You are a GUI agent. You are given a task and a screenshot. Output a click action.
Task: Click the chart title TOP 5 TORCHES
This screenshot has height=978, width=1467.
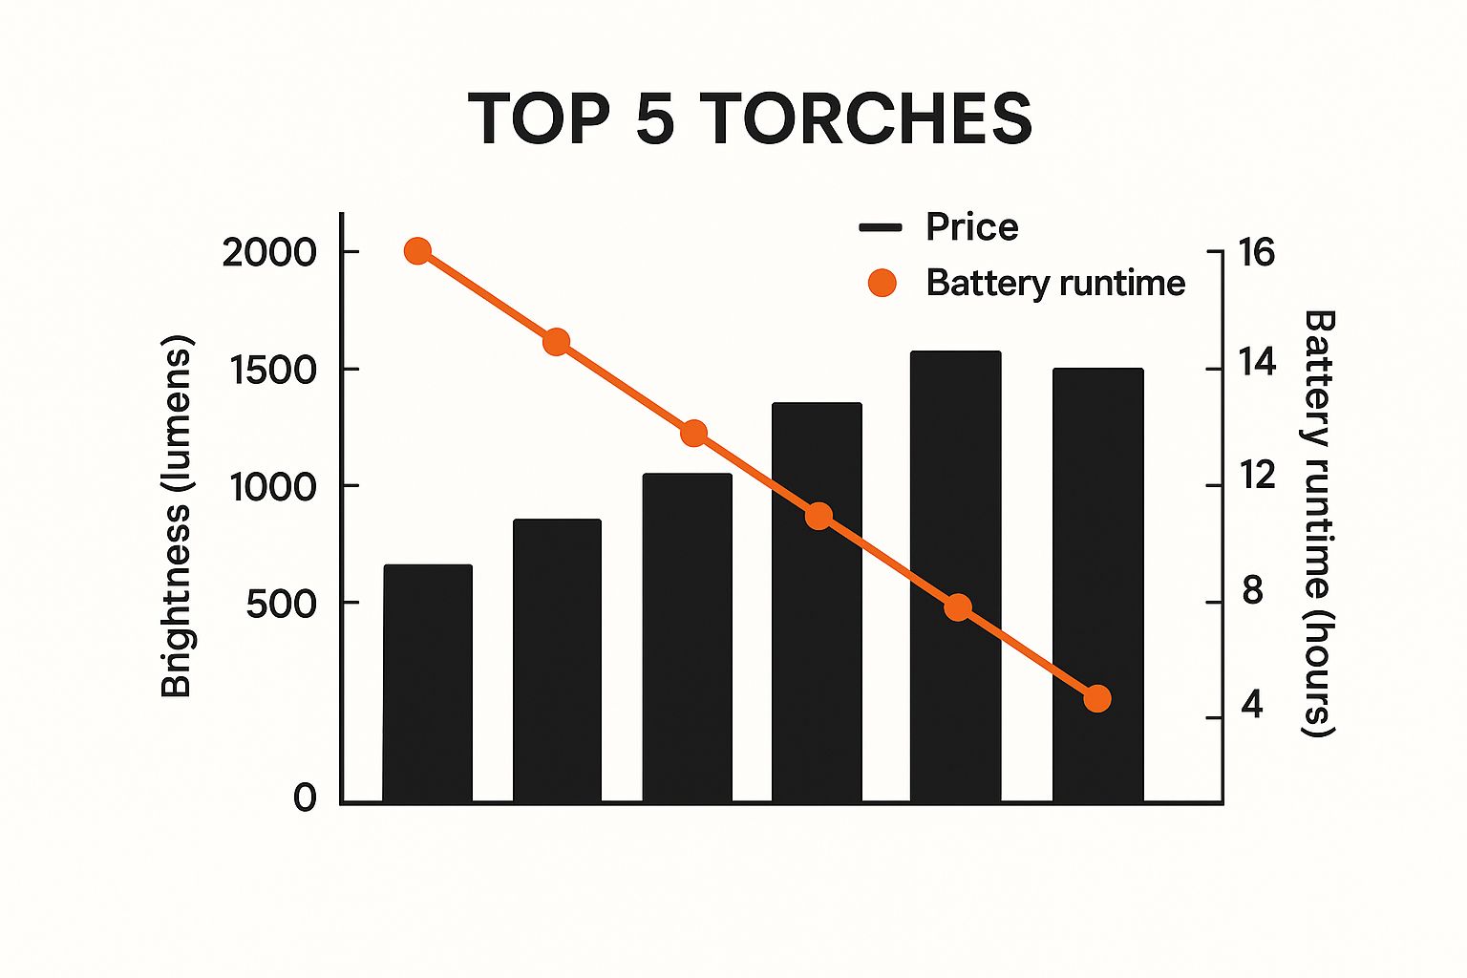click(x=750, y=118)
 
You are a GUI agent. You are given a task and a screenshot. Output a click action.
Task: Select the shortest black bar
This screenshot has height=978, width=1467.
click(x=428, y=683)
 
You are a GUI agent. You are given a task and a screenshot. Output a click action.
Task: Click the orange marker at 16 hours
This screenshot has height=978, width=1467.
click(x=417, y=251)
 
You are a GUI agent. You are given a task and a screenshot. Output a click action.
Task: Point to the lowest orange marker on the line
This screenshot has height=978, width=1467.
click(x=1097, y=698)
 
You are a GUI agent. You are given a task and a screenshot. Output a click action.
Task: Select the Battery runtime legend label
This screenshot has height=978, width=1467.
click(x=1055, y=283)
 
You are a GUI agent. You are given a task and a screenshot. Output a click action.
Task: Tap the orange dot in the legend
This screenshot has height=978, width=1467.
click(x=882, y=283)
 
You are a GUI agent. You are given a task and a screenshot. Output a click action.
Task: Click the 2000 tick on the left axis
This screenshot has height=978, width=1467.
click(x=268, y=252)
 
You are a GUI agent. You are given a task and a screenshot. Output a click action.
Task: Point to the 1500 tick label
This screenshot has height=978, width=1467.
click(x=272, y=370)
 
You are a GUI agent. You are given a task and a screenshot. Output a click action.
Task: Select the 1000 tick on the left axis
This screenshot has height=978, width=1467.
click(x=272, y=487)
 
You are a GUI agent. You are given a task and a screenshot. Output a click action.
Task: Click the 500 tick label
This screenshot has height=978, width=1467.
click(x=281, y=604)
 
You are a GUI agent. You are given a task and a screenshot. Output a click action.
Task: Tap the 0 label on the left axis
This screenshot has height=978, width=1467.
click(x=305, y=797)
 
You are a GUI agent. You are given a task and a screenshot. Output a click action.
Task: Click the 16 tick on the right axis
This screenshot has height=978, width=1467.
click(x=1257, y=252)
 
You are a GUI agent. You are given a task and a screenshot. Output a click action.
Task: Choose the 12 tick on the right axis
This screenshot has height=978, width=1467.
click(x=1257, y=475)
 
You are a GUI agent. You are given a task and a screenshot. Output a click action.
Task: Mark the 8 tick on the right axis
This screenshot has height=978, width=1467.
click(x=1252, y=590)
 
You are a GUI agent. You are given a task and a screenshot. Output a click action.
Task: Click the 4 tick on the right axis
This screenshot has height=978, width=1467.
click(x=1252, y=706)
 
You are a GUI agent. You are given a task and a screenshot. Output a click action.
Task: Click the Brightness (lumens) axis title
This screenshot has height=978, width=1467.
click(x=178, y=516)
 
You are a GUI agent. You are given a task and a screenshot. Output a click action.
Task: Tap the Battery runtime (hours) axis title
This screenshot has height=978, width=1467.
click(x=1319, y=523)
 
